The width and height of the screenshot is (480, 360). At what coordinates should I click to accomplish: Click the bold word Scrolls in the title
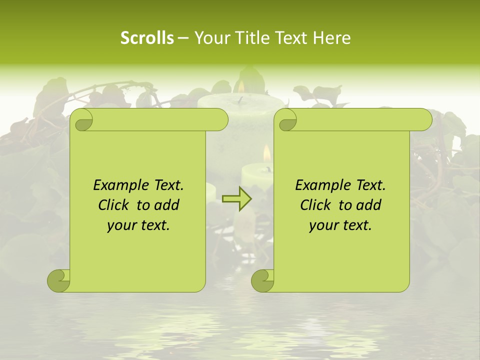(147, 38)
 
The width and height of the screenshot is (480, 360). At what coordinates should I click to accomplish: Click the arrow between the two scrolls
(236, 199)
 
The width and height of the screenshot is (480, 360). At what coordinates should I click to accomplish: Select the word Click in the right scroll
(316, 205)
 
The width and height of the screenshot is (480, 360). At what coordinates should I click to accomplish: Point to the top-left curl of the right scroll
(286, 120)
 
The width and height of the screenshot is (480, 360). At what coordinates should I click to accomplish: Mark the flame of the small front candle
(266, 152)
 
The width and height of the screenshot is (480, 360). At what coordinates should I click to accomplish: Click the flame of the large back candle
(241, 87)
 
